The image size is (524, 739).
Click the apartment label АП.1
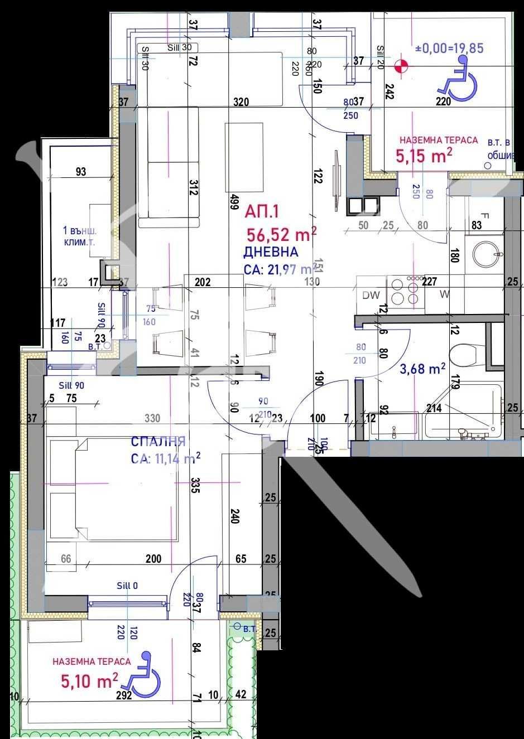[x=262, y=211]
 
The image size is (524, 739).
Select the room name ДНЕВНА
[x=271, y=252]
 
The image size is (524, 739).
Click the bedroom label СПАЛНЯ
[x=158, y=442]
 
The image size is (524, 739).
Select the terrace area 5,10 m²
[x=89, y=681]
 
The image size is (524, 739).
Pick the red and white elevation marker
[x=401, y=66]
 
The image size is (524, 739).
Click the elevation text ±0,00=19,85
[x=449, y=49]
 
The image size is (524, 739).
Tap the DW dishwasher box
[x=371, y=296]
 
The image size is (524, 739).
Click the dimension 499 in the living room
[x=235, y=204]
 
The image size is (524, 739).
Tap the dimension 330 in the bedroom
[x=152, y=418]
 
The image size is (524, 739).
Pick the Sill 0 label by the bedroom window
[x=127, y=586]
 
